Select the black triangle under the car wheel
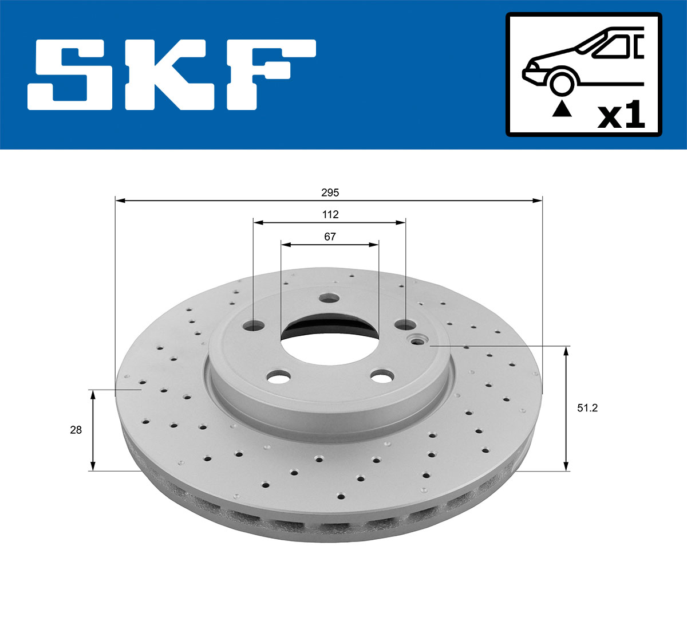(x=562, y=109)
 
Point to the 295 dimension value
(x=330, y=193)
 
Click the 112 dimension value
(x=330, y=214)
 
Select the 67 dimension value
(x=330, y=236)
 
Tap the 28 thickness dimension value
(x=76, y=430)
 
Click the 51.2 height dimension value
(x=587, y=408)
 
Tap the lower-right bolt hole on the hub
(x=381, y=376)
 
